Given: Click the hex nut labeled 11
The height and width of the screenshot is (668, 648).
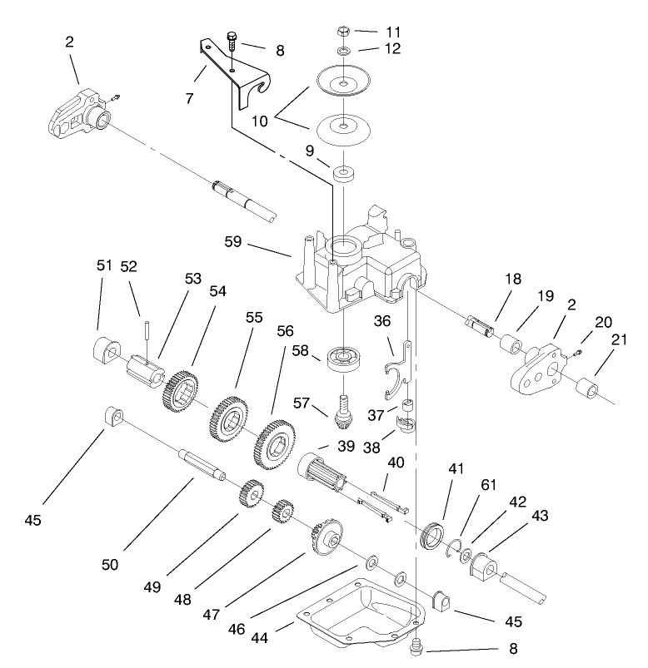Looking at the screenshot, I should pyautogui.click(x=343, y=34).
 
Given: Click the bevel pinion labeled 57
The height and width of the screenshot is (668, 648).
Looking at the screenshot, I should pyautogui.click(x=343, y=408).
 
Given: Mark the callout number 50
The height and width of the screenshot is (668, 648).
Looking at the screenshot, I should pyautogui.click(x=110, y=565).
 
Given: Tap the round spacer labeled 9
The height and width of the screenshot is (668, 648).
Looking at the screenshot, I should pyautogui.click(x=342, y=176).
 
